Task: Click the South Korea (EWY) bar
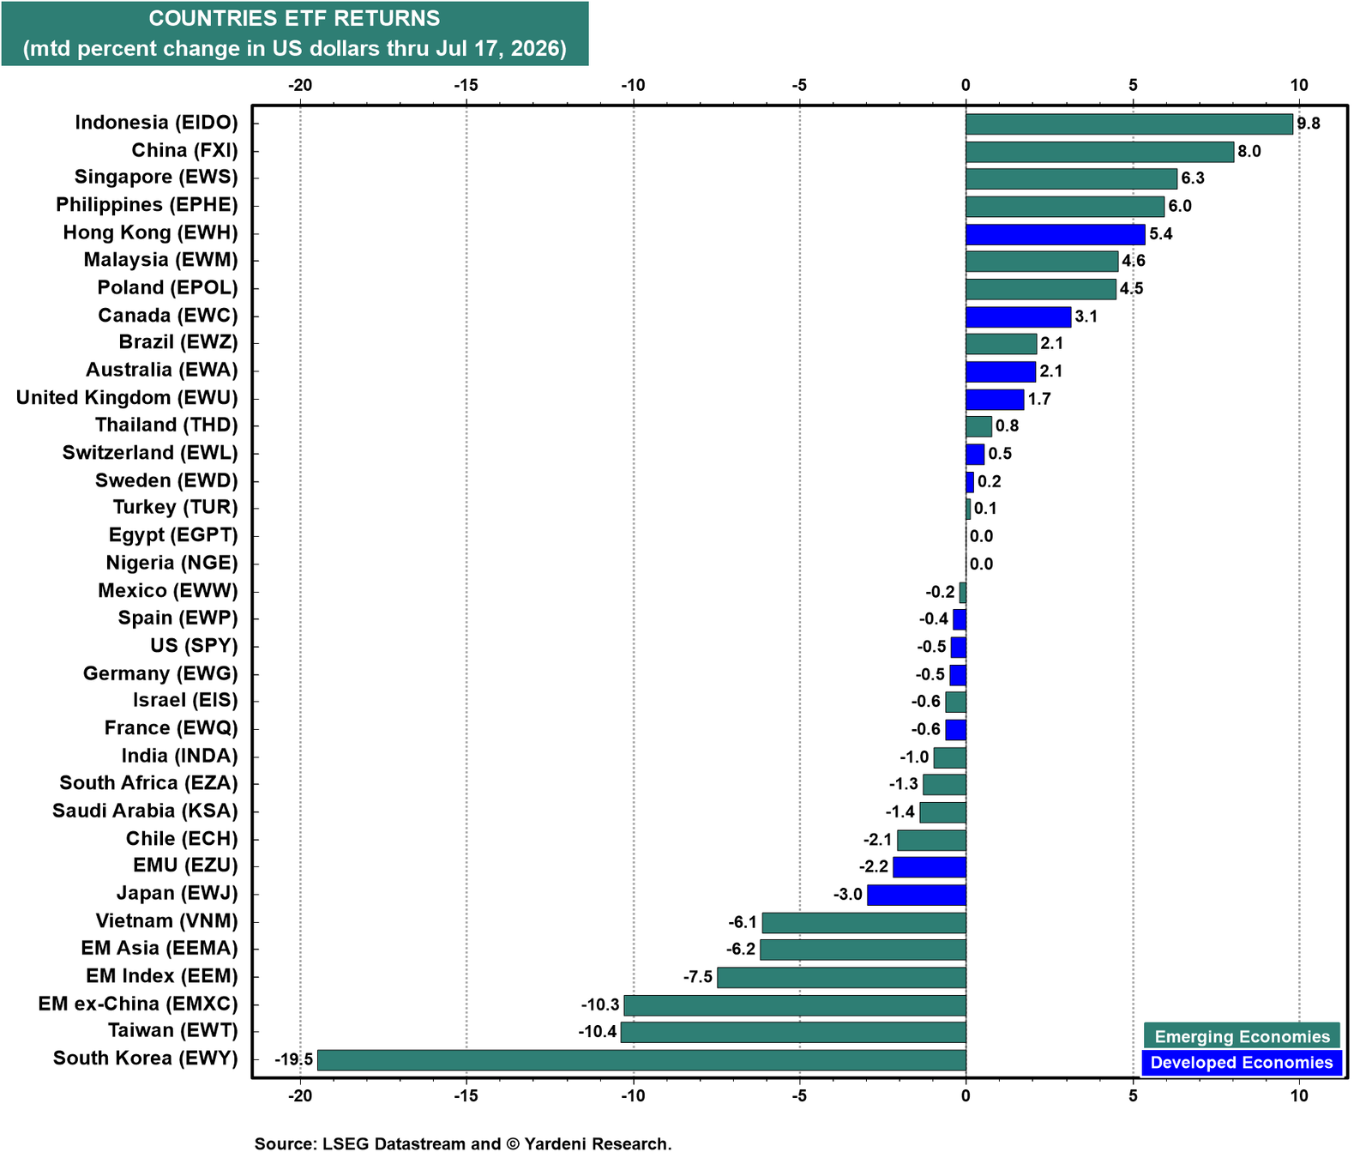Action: click(x=641, y=1059)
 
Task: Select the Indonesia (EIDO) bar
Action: click(x=1129, y=124)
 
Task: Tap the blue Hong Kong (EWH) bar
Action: click(x=1056, y=234)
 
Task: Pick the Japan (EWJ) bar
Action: click(x=917, y=895)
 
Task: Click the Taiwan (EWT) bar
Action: click(x=793, y=1032)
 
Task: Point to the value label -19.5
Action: click(x=294, y=1059)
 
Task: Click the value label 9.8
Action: click(x=1309, y=124)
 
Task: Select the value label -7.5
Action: click(x=698, y=977)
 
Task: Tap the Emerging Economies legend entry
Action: click(x=1242, y=1036)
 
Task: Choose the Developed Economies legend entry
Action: click(x=1242, y=1063)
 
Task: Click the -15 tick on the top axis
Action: click(x=466, y=85)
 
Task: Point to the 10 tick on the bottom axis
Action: click(x=1299, y=1095)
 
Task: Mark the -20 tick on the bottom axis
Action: click(x=299, y=1095)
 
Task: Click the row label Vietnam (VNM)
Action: click(x=166, y=921)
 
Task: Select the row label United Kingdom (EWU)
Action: click(x=127, y=398)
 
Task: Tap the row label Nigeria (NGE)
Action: click(x=171, y=563)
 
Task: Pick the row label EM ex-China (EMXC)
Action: click(x=138, y=1004)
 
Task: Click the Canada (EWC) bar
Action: click(x=1018, y=317)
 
